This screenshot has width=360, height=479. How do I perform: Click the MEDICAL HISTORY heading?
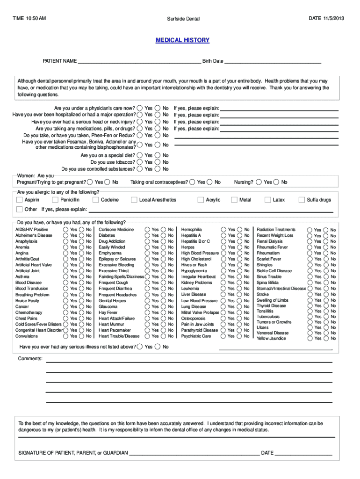click(182, 40)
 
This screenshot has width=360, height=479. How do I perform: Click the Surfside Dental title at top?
click(183, 19)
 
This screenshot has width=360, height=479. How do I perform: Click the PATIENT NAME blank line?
click(139, 62)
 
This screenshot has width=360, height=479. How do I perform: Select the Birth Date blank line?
click(273, 62)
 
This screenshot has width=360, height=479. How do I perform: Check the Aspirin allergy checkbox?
click(20, 200)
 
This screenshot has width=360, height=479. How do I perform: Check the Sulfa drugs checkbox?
click(301, 200)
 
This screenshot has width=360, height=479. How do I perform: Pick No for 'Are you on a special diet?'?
click(157, 155)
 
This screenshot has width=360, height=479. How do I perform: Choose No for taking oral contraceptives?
click(210, 182)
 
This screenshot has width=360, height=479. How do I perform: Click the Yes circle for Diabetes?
click(147, 235)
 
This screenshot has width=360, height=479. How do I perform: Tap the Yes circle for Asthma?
click(65, 276)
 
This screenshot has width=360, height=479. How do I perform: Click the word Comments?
click(30, 359)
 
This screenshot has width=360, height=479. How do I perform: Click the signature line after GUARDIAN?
click(194, 453)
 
